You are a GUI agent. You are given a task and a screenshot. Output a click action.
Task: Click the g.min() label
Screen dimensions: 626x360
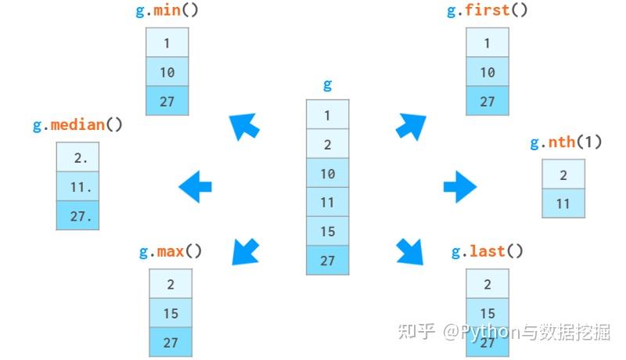(167, 10)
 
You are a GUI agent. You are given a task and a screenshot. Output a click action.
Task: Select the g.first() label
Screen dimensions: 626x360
(487, 10)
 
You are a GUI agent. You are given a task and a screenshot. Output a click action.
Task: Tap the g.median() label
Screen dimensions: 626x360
(77, 125)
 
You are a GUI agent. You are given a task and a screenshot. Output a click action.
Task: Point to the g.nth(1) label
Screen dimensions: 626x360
(566, 142)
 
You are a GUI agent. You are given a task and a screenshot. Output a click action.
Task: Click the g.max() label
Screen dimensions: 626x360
(171, 251)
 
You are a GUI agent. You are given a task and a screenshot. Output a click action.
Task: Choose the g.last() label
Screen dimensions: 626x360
(487, 251)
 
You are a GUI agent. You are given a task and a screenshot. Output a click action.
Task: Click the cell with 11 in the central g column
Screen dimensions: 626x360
(327, 203)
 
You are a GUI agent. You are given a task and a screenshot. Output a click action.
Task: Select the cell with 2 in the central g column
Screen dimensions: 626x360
(327, 144)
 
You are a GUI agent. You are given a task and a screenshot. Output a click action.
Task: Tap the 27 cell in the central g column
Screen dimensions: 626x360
(327, 261)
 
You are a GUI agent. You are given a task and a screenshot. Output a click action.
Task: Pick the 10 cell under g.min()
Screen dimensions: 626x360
(167, 72)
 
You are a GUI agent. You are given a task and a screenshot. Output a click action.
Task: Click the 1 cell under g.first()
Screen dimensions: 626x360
(487, 43)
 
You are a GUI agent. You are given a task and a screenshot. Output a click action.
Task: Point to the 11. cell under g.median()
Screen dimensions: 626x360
(77, 186)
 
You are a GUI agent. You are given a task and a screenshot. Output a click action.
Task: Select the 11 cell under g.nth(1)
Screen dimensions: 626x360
(563, 203)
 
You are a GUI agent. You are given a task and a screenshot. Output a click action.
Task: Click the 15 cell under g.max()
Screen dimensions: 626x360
(171, 313)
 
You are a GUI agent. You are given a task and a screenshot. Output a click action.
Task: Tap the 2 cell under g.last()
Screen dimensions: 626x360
(487, 284)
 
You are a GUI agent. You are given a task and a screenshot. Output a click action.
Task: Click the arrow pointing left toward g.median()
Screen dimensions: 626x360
(195, 186)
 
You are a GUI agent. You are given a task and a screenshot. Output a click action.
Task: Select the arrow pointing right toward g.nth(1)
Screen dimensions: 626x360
(460, 186)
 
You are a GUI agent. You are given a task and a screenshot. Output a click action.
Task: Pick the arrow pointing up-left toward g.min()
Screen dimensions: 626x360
(244, 127)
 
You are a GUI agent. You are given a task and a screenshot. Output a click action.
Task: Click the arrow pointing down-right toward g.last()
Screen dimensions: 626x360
(410, 251)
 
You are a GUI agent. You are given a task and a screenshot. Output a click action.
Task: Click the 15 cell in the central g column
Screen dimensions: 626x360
(327, 232)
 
